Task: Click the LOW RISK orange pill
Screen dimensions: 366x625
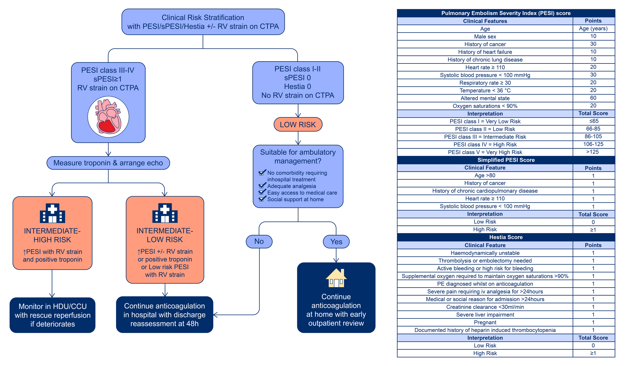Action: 298,124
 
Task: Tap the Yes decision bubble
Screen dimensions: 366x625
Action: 336,242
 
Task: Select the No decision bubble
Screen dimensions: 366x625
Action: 259,241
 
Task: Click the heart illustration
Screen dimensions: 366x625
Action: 108,117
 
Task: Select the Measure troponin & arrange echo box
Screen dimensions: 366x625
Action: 108,163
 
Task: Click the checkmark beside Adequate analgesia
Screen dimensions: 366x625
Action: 262,186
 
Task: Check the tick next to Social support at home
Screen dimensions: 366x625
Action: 262,199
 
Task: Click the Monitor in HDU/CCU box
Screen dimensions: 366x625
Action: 52,315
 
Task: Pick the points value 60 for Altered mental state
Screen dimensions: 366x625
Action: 593,98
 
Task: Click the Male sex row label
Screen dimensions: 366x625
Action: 485,36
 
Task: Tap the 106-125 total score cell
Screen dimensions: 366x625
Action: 593,144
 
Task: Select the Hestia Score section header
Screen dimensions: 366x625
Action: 506,237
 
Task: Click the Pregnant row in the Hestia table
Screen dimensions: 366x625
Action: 485,322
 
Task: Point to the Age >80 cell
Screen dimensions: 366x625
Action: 485,175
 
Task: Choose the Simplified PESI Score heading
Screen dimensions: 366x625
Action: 506,160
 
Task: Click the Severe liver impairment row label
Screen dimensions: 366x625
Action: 485,315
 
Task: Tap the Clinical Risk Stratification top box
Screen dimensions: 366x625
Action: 203,22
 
